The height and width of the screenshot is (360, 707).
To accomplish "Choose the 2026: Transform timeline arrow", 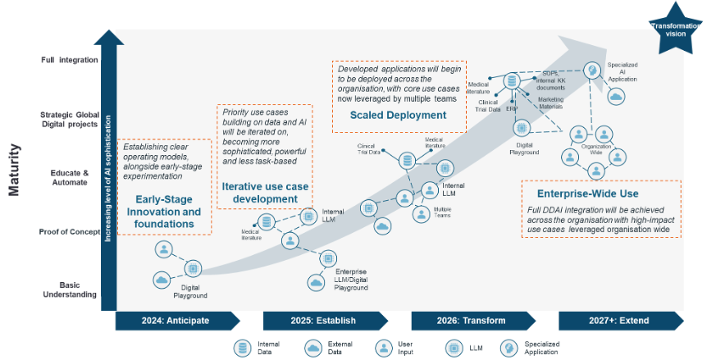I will coord(472,320).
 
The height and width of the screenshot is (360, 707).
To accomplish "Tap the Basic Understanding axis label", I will coord(70,289).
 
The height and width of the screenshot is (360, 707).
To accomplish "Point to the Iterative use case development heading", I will coord(265,193).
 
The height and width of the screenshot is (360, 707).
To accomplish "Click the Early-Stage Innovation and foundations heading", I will coord(167,205).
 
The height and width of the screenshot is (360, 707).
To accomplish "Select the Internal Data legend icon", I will coord(243,347).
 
